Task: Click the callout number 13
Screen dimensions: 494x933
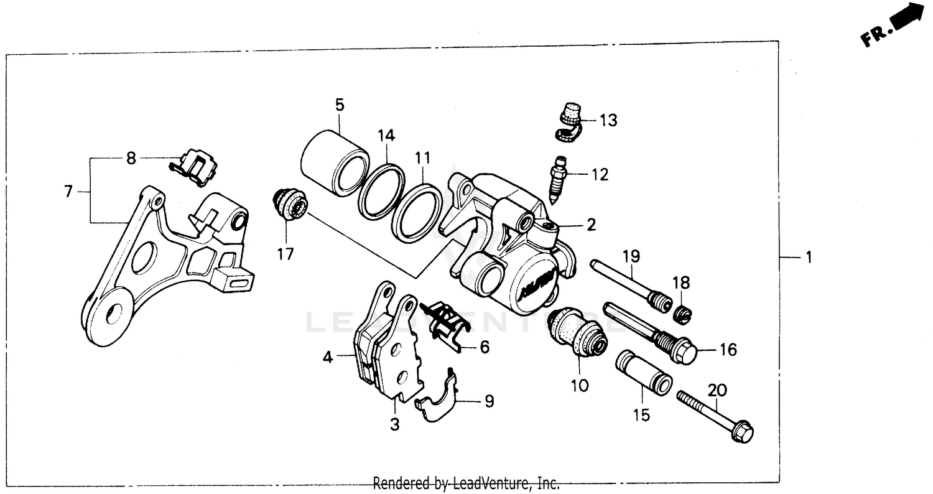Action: point(608,121)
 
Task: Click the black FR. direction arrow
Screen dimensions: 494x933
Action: point(907,17)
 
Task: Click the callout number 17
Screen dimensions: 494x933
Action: point(286,254)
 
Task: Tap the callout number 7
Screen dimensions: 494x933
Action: point(68,192)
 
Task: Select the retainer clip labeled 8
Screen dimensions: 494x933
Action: point(195,167)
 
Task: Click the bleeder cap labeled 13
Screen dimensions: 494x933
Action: point(568,121)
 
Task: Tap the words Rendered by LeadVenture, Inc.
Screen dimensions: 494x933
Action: point(466,483)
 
